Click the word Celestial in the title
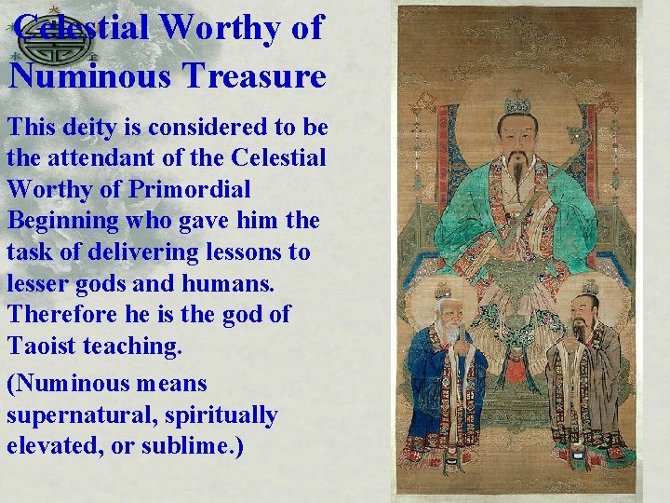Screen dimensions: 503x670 click(x=82, y=28)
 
